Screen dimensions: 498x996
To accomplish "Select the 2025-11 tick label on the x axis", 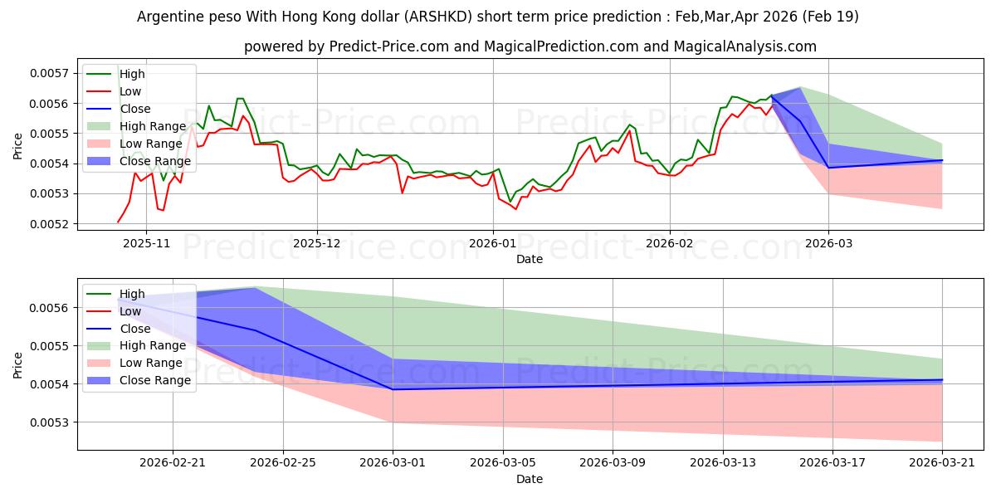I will (x=145, y=244).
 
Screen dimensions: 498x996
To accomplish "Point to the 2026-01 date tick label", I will (x=493, y=244).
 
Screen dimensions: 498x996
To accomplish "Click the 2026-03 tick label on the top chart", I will (x=828, y=244).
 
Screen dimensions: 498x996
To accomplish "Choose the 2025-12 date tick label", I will (x=316, y=244).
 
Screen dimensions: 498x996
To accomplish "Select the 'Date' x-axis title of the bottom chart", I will (x=530, y=479).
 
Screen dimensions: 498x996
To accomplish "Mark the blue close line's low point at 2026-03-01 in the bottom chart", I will (x=393, y=389).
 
